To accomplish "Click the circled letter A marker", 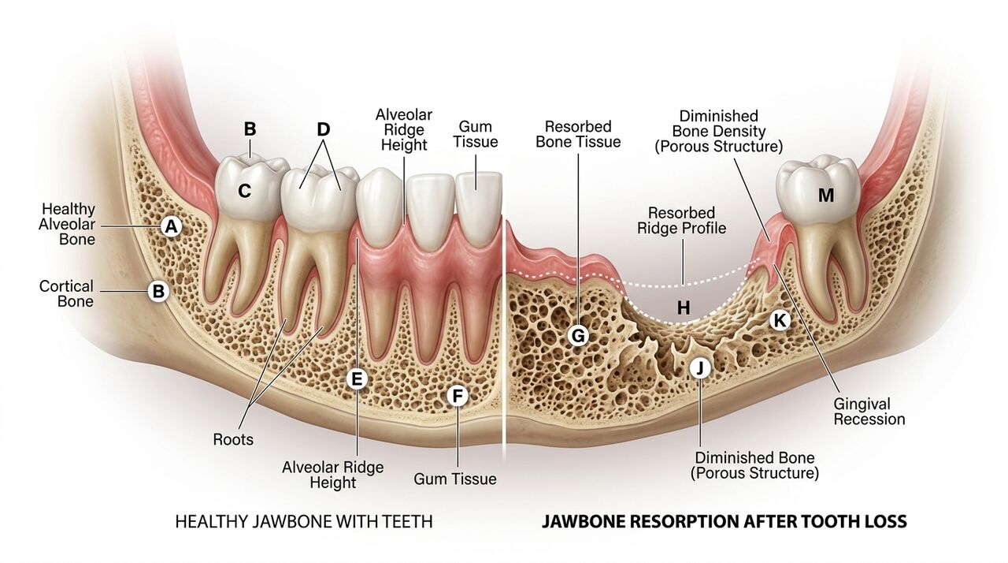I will click(x=170, y=227).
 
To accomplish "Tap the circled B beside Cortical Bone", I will click(x=158, y=292).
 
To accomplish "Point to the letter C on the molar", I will click(x=245, y=190).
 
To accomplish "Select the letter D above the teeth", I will click(x=323, y=129).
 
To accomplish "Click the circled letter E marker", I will click(x=357, y=379).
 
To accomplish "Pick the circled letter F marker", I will click(x=457, y=396).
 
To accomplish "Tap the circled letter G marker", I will click(x=578, y=335).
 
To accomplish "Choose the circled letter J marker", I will click(x=699, y=368).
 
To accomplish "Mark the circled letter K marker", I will click(x=779, y=319).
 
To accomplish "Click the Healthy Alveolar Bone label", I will click(x=69, y=224).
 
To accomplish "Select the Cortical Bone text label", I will click(x=66, y=293).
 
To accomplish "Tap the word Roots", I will click(x=233, y=439).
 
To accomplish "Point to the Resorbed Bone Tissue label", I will click(x=578, y=134).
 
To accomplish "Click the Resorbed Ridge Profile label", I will click(x=681, y=221).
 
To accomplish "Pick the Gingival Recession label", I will click(x=869, y=411).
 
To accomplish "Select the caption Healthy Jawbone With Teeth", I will click(x=303, y=522).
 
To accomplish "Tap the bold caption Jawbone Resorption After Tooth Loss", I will click(x=724, y=522).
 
